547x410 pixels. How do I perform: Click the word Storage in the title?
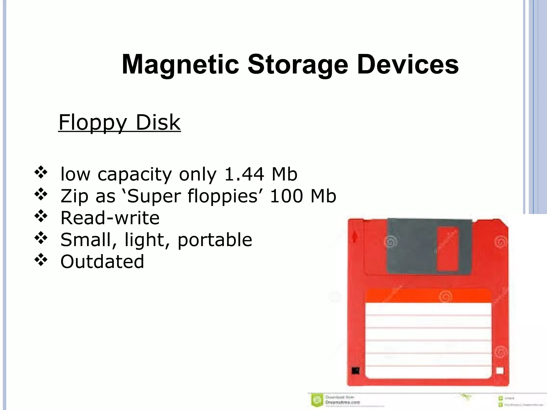298,65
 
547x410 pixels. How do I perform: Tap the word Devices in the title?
408,65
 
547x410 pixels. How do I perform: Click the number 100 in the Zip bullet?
286,196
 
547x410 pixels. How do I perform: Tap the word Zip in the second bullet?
74,196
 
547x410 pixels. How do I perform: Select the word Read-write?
110,218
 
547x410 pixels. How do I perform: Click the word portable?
215,239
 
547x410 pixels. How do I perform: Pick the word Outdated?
102,261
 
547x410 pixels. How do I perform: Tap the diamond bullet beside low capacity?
41,172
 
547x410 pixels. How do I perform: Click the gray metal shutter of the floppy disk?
413,247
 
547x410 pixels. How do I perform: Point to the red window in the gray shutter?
447,249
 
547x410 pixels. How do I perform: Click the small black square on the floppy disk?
355,370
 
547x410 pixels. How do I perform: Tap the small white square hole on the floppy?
500,371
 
